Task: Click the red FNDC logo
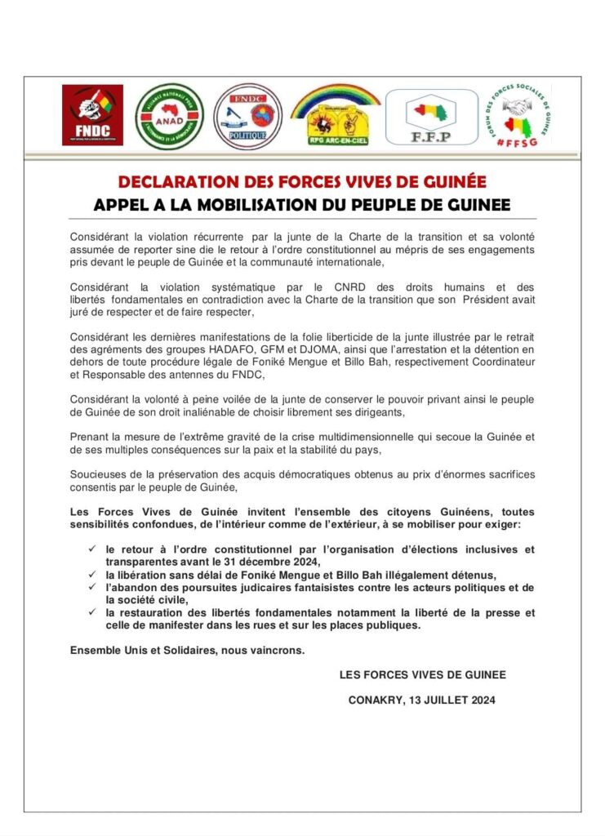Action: click(x=92, y=115)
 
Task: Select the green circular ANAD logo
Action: click(x=169, y=116)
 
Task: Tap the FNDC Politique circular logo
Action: click(x=247, y=116)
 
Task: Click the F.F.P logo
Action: click(x=431, y=117)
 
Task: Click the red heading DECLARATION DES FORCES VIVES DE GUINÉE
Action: click(x=302, y=182)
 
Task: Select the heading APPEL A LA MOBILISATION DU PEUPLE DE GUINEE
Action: click(x=302, y=203)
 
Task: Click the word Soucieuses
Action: click(x=97, y=475)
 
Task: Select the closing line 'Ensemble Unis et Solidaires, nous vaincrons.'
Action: click(x=188, y=649)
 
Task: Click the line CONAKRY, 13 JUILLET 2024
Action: click(x=421, y=700)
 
